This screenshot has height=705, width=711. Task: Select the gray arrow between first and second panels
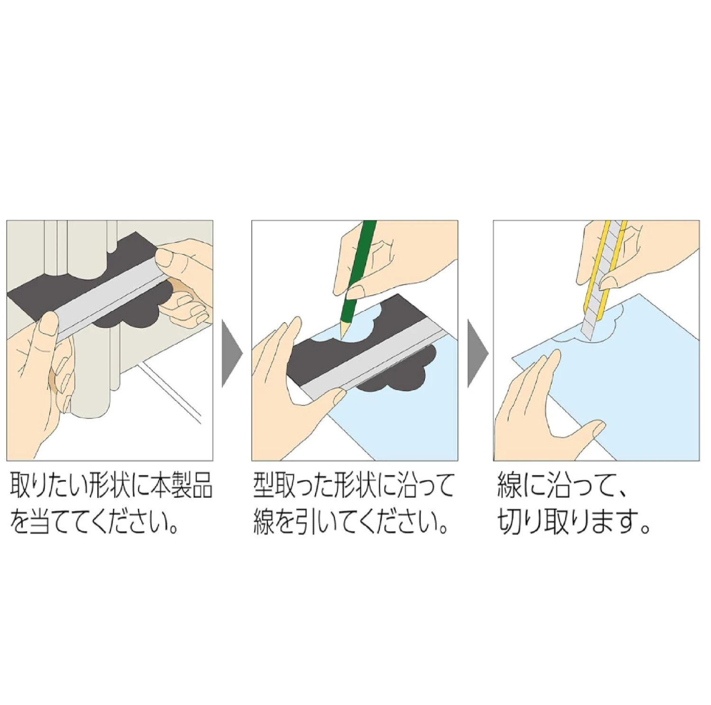[232, 353]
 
